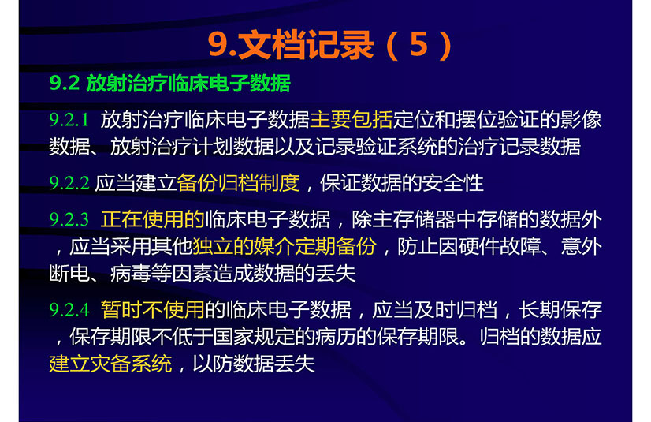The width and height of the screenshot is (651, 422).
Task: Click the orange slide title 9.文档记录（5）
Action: click(329, 45)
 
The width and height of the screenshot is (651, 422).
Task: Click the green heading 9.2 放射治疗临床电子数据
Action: click(169, 83)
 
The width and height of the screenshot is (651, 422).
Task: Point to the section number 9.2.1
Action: click(69, 120)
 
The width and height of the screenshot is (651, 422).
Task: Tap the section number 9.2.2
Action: click(69, 183)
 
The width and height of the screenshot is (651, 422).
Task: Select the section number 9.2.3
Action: click(69, 219)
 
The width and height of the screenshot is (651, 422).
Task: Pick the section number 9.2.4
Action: click(69, 309)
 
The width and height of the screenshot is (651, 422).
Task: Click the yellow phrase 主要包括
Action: click(352, 120)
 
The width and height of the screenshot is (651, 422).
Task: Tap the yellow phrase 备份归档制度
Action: click(238, 183)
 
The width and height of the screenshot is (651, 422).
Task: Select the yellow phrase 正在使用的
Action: click(152, 219)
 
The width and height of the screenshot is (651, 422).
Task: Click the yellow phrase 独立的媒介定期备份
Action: click(285, 246)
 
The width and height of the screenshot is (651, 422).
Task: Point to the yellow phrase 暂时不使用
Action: click(152, 309)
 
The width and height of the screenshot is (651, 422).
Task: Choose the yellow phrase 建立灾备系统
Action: click(110, 364)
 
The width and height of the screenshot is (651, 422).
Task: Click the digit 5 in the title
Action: click(418, 44)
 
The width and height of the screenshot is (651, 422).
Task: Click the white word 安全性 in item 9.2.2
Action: click(453, 183)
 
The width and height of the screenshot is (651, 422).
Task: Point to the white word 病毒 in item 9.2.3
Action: click(130, 273)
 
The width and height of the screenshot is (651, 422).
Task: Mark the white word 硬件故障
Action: click(500, 246)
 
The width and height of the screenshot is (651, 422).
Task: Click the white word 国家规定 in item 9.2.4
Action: click(254, 337)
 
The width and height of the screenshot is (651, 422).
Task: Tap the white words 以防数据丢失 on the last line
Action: click(254, 364)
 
